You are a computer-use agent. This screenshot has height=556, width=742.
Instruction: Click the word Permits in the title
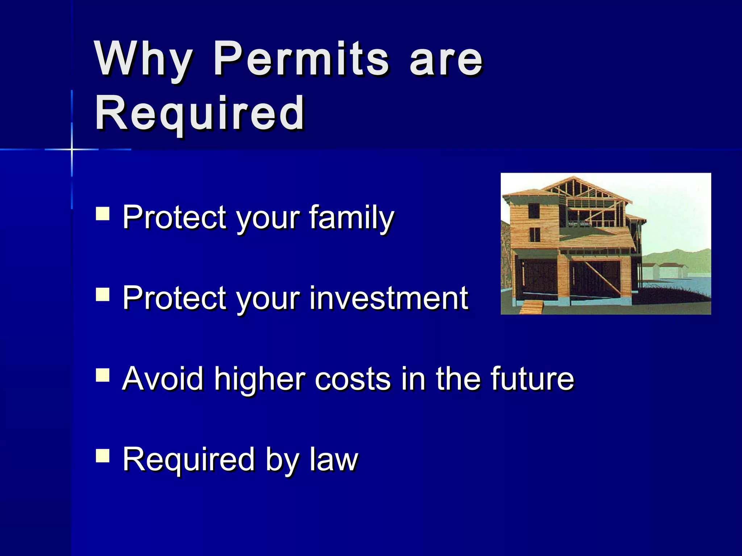point(301,59)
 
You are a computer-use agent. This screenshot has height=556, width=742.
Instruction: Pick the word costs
point(354,379)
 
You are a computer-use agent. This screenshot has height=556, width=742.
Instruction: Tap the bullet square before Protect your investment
point(103,294)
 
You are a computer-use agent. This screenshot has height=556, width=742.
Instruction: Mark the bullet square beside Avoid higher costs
point(103,375)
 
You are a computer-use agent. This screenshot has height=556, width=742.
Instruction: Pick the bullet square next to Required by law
point(103,456)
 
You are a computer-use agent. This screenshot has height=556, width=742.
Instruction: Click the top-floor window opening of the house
point(534,211)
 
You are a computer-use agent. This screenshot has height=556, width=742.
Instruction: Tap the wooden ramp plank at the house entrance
point(531,308)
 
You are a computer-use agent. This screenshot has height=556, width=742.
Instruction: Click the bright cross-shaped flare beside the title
point(72,149)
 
